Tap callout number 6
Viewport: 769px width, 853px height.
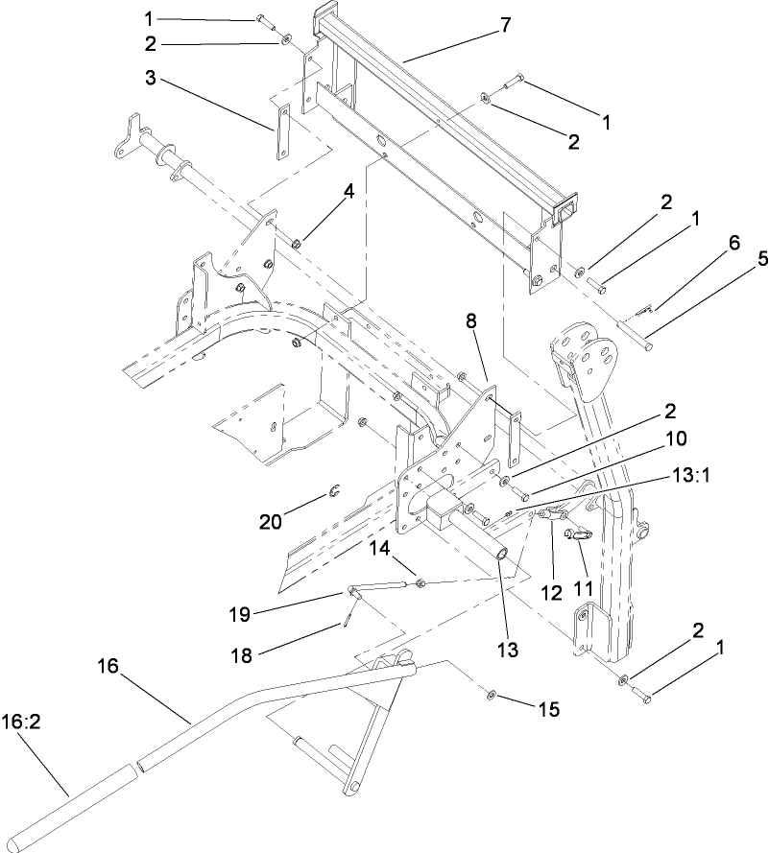pos(733,244)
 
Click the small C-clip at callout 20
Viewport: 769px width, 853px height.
pos(332,493)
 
